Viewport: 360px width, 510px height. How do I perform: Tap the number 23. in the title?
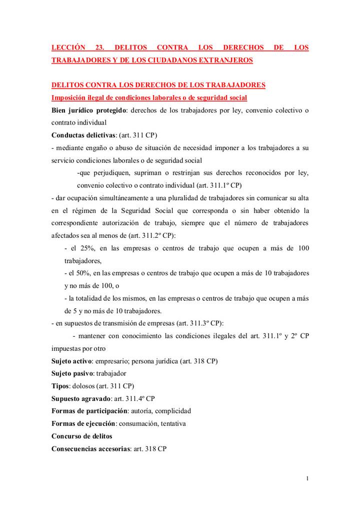99,48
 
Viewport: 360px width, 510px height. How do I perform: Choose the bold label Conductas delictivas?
83,135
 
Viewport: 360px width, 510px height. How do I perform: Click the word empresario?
111,361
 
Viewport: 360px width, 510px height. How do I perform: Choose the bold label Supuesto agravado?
81,398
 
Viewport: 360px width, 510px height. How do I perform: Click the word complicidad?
173,411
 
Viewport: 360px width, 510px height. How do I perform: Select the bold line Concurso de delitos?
82,436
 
